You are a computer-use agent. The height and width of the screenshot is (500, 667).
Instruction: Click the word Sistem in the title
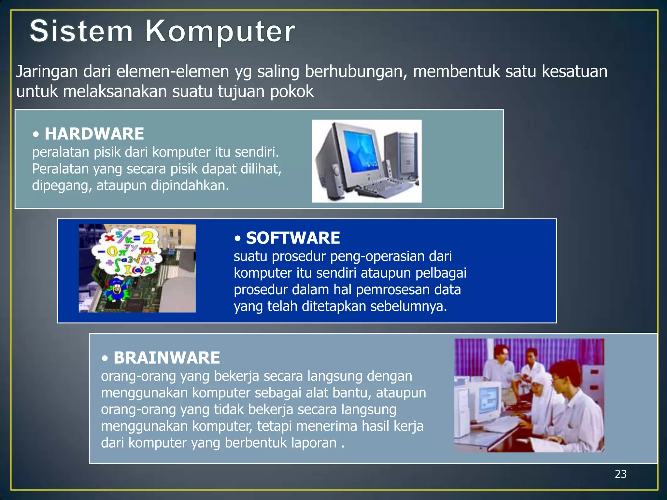pyautogui.click(x=81, y=31)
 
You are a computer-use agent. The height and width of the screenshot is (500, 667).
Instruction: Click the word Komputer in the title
pyautogui.click(x=220, y=32)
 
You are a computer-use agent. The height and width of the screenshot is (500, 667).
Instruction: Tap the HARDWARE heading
pyautogui.click(x=94, y=134)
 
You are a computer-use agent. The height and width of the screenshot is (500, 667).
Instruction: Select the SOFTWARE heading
pyautogui.click(x=293, y=238)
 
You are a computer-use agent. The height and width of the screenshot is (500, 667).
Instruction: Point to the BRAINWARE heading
pyautogui.click(x=167, y=358)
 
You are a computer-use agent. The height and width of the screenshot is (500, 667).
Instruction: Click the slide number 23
pyautogui.click(x=620, y=474)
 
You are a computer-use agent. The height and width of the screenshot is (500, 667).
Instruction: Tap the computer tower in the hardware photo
pyautogui.click(x=401, y=153)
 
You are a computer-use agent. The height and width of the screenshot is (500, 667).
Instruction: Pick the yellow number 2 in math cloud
pyautogui.click(x=149, y=239)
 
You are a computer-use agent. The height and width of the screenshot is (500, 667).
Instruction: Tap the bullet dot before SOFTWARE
pyautogui.click(x=238, y=239)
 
